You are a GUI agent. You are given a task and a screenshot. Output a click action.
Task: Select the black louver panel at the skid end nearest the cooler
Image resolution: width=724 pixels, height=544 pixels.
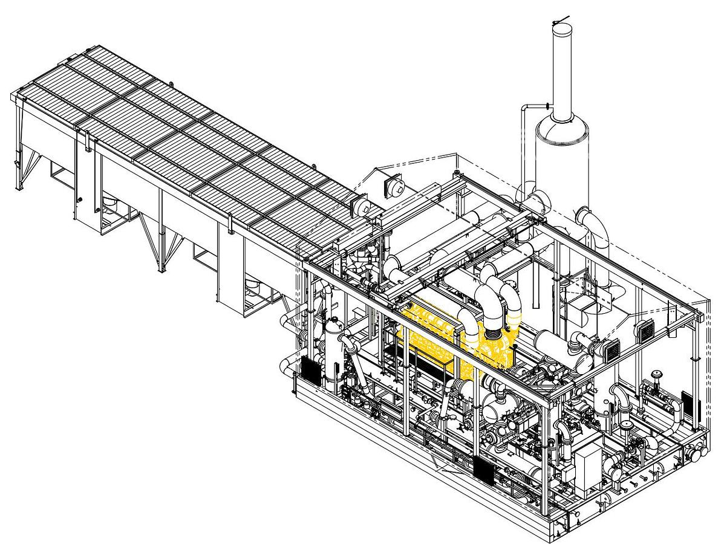(312, 369)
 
